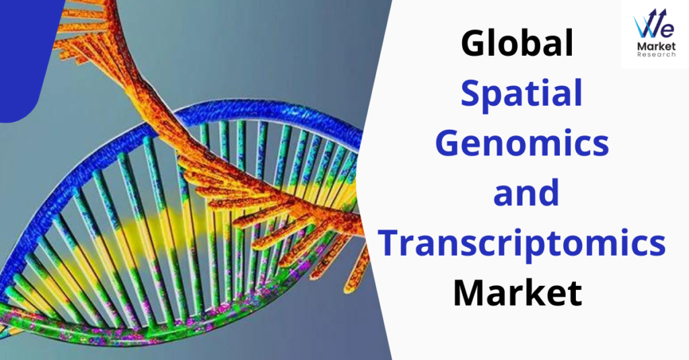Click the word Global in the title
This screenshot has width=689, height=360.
[x=517, y=42]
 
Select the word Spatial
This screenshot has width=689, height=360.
[x=521, y=93]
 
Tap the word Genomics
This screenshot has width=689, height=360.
[x=521, y=143]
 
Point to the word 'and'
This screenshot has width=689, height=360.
[x=525, y=192]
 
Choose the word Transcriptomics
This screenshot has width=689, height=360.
[x=521, y=244]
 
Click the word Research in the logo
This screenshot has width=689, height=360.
[x=656, y=55]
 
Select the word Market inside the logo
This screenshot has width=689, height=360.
[x=656, y=46]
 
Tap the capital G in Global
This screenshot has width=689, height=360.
[x=474, y=43]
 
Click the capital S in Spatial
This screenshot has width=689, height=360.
[x=472, y=93]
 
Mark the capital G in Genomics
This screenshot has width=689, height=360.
[x=449, y=143]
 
